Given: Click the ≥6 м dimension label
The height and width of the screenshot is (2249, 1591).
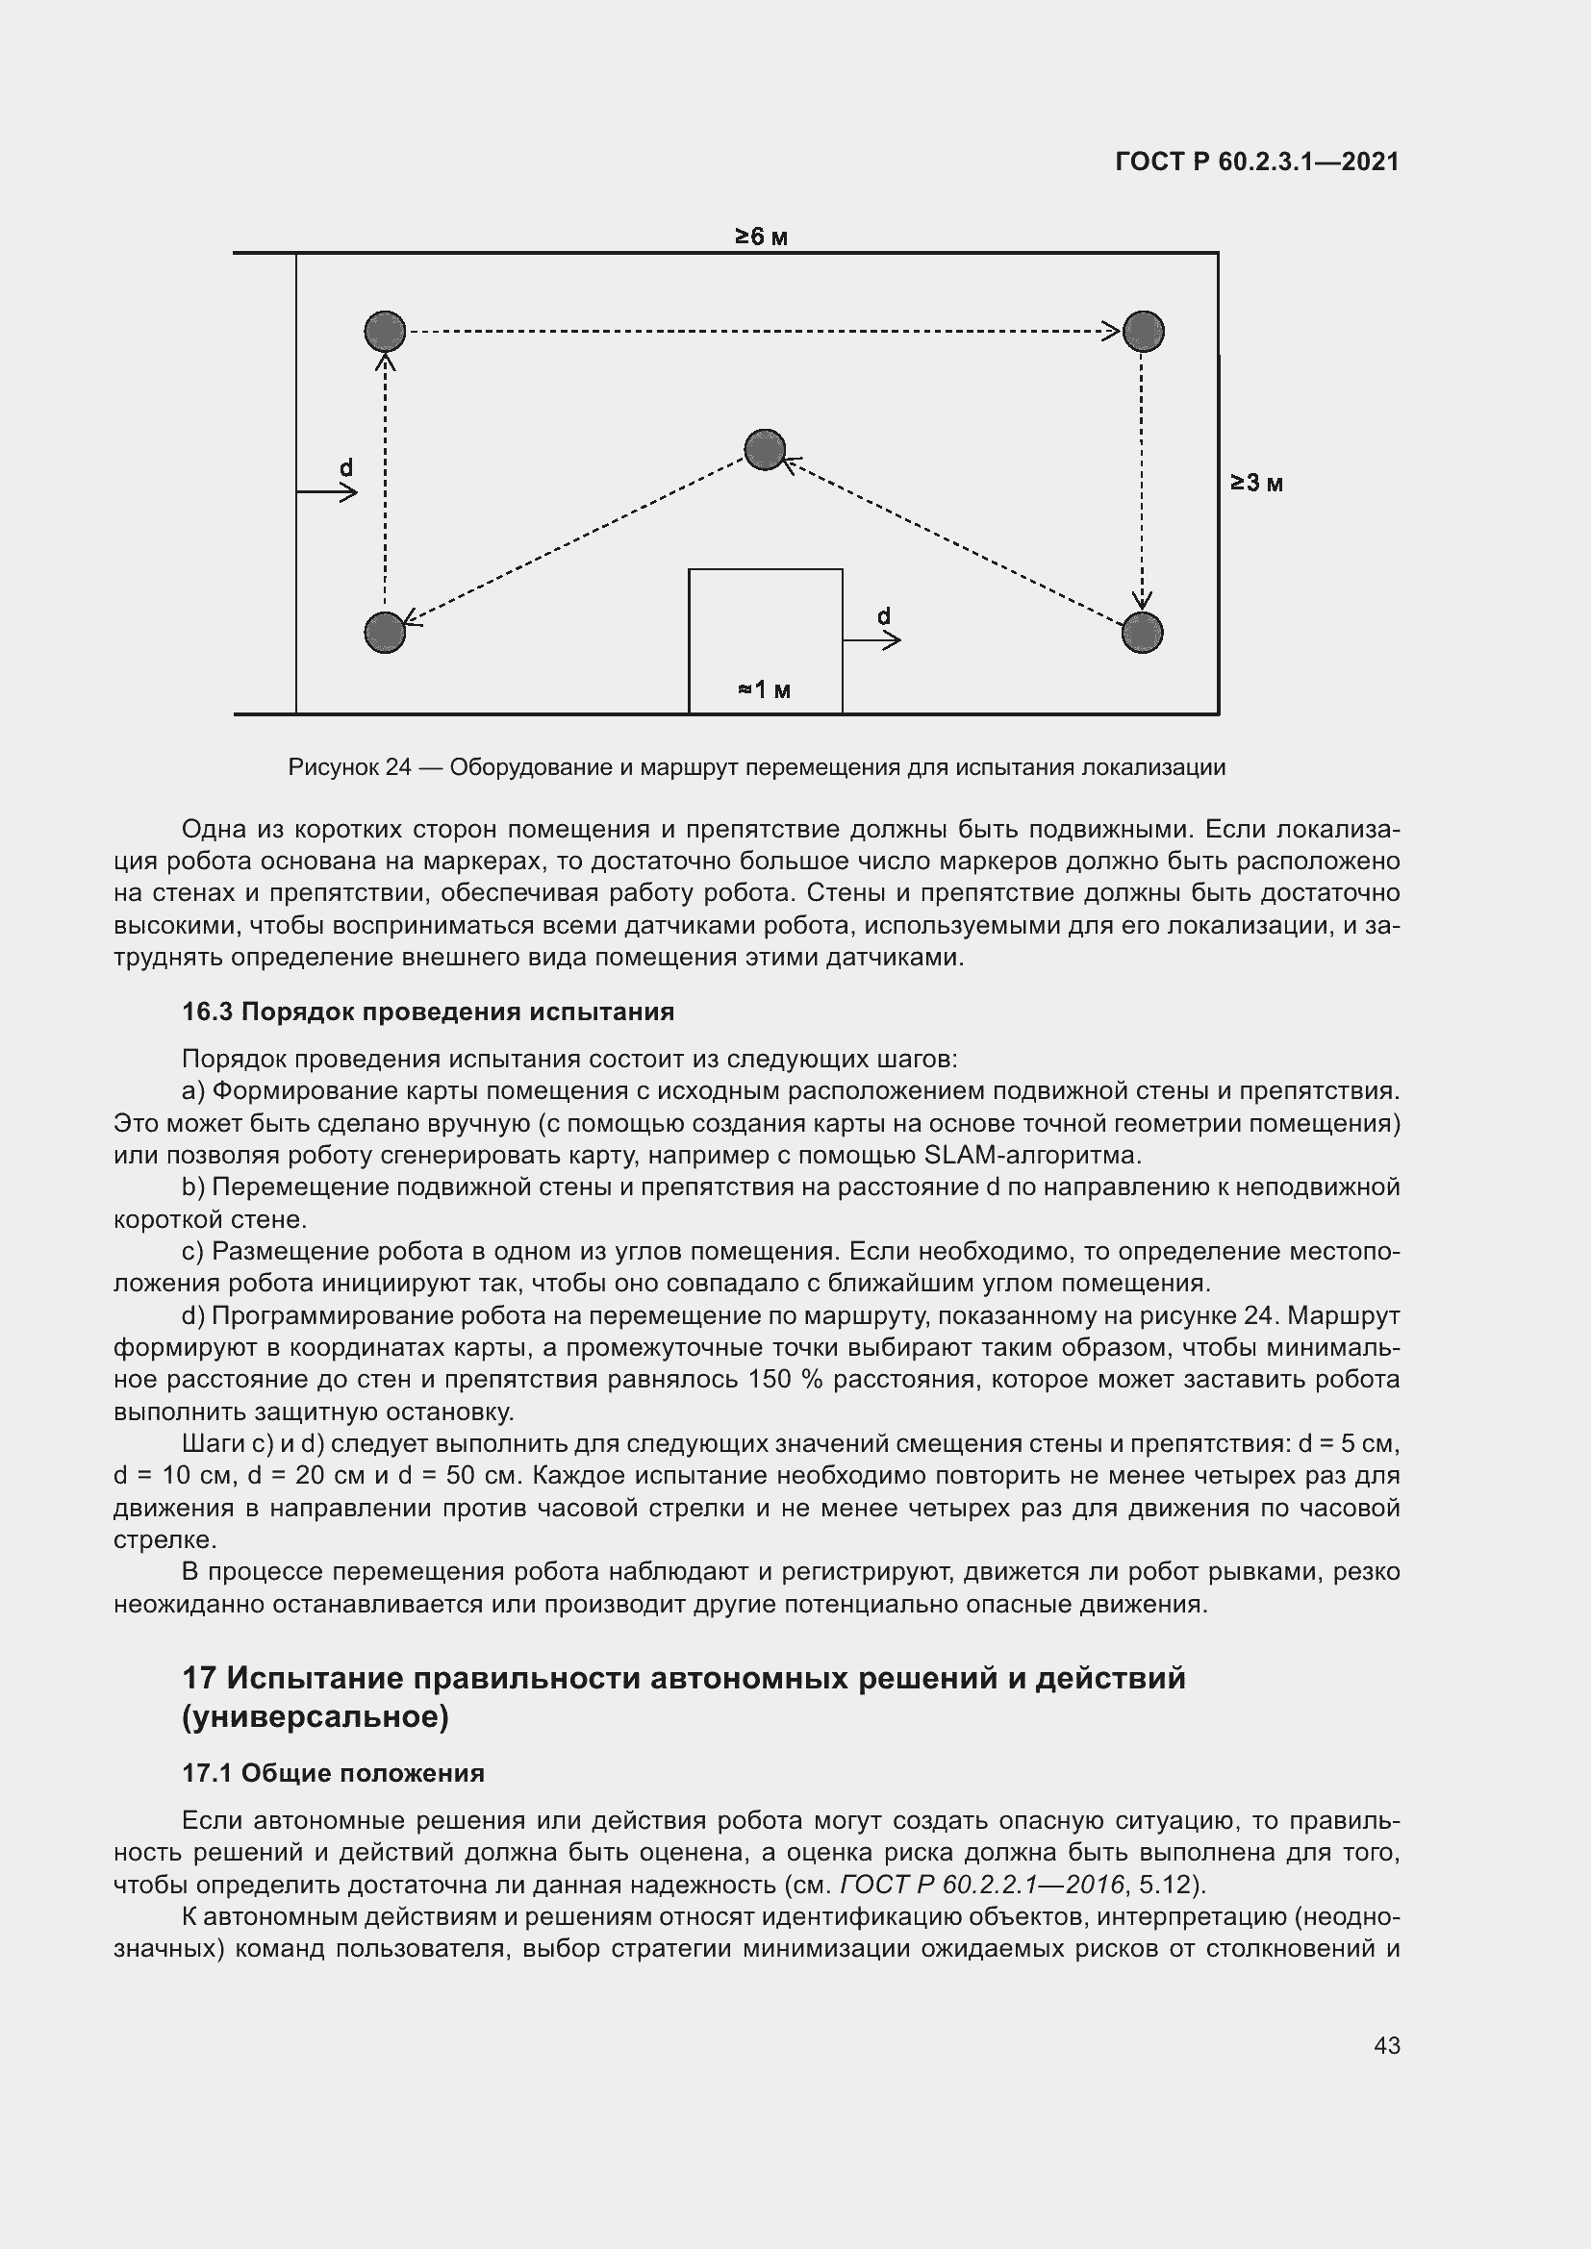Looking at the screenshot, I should (x=761, y=237).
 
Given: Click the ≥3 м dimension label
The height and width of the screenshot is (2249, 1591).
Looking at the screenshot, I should (x=1257, y=483).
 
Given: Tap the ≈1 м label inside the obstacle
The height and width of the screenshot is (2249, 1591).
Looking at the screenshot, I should (x=764, y=690).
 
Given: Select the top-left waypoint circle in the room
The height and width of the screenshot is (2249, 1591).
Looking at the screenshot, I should (x=385, y=331).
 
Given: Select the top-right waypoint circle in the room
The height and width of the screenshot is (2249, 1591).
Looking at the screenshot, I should (x=1143, y=331).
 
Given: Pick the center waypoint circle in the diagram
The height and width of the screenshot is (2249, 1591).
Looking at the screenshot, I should (x=764, y=450).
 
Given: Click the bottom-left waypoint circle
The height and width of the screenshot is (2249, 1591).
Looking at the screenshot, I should (x=385, y=633).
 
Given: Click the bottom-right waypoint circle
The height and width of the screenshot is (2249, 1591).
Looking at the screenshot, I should (x=1143, y=633).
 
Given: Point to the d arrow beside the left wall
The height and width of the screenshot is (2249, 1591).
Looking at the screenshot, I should (x=328, y=491).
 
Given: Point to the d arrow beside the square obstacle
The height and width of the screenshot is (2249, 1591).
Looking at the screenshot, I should (x=871, y=640).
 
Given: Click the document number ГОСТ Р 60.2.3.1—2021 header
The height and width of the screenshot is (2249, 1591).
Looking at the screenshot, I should (x=1257, y=162).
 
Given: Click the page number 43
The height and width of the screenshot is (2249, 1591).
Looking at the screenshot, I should (x=1386, y=2045).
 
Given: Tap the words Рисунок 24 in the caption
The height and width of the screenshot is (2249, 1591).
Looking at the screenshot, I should (x=349, y=767).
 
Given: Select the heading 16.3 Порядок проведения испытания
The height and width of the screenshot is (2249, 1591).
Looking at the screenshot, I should (x=428, y=1012).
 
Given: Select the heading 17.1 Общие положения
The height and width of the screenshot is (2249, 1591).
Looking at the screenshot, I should (x=333, y=1773).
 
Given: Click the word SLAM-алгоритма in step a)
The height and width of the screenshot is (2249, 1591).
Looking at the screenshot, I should (x=1031, y=1155).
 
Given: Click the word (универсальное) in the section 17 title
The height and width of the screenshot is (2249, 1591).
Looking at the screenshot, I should (x=316, y=1717).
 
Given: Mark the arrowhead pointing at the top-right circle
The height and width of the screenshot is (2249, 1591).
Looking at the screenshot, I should (x=1111, y=331).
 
